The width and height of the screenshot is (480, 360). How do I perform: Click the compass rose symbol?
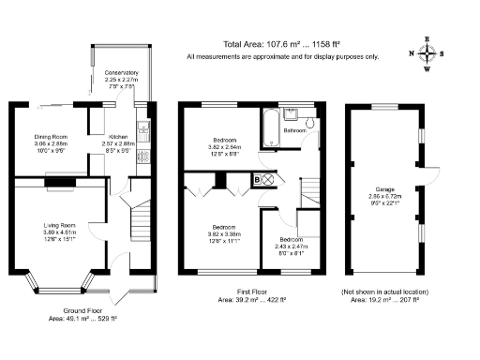427,53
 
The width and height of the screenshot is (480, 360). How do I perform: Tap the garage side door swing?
432,173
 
